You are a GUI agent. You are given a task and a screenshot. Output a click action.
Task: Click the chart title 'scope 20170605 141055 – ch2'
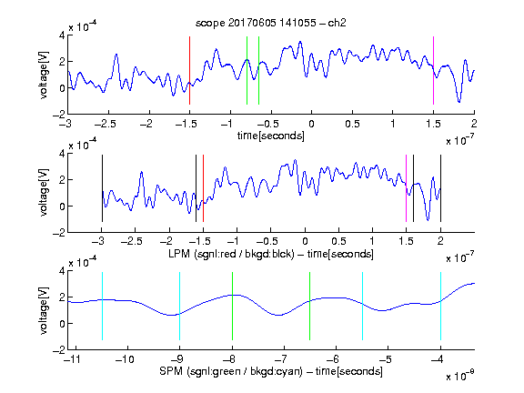pos(271,23)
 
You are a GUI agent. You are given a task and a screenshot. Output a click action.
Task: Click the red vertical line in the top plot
pos(189,71)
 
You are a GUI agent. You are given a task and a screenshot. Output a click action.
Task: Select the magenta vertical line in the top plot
pos(433,71)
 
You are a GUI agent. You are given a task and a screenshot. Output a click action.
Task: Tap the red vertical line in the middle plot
pos(203,188)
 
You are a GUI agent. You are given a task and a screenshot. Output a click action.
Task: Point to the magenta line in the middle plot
pos(406,188)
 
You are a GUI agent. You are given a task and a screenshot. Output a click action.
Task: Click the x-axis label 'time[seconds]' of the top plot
pos(271,136)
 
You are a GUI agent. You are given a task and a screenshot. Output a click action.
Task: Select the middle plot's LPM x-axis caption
pos(271,254)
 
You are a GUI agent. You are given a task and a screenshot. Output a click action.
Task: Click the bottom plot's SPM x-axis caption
pos(271,371)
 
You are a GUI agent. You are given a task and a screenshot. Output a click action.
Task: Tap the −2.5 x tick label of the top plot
pos(106,124)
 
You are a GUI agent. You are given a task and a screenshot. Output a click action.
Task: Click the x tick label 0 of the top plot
pos(311,124)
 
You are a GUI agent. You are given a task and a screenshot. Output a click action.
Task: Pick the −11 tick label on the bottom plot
pos(72,359)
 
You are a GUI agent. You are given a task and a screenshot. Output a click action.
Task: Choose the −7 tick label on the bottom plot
pos(281,359)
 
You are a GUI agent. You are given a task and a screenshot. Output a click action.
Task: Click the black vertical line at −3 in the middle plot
pos(102,188)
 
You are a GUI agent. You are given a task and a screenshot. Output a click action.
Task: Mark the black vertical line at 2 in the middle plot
pos(440,188)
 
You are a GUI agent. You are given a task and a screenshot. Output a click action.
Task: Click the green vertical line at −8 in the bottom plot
pos(232,306)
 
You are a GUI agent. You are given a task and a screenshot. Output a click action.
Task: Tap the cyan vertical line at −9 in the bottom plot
pos(179,306)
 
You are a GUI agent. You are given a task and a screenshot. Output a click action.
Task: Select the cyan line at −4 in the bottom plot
pos(440,306)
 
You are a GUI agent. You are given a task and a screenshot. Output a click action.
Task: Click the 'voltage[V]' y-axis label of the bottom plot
pos(44,310)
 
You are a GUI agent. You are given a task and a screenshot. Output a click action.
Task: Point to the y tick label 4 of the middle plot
pos(62,154)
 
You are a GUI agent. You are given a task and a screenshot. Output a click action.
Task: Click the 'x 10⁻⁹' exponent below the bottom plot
pos(459,376)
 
